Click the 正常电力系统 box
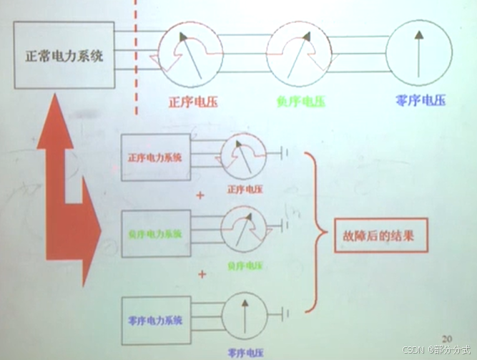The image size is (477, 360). pyautogui.click(x=64, y=56)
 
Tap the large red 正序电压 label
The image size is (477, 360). pyautogui.click(x=192, y=102)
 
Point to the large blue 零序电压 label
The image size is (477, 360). pyautogui.click(x=421, y=102)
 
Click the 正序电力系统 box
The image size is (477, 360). pyautogui.click(x=156, y=157)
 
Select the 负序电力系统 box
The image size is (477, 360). pyautogui.click(x=156, y=233)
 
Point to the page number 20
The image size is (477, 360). pyautogui.click(x=448, y=337)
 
